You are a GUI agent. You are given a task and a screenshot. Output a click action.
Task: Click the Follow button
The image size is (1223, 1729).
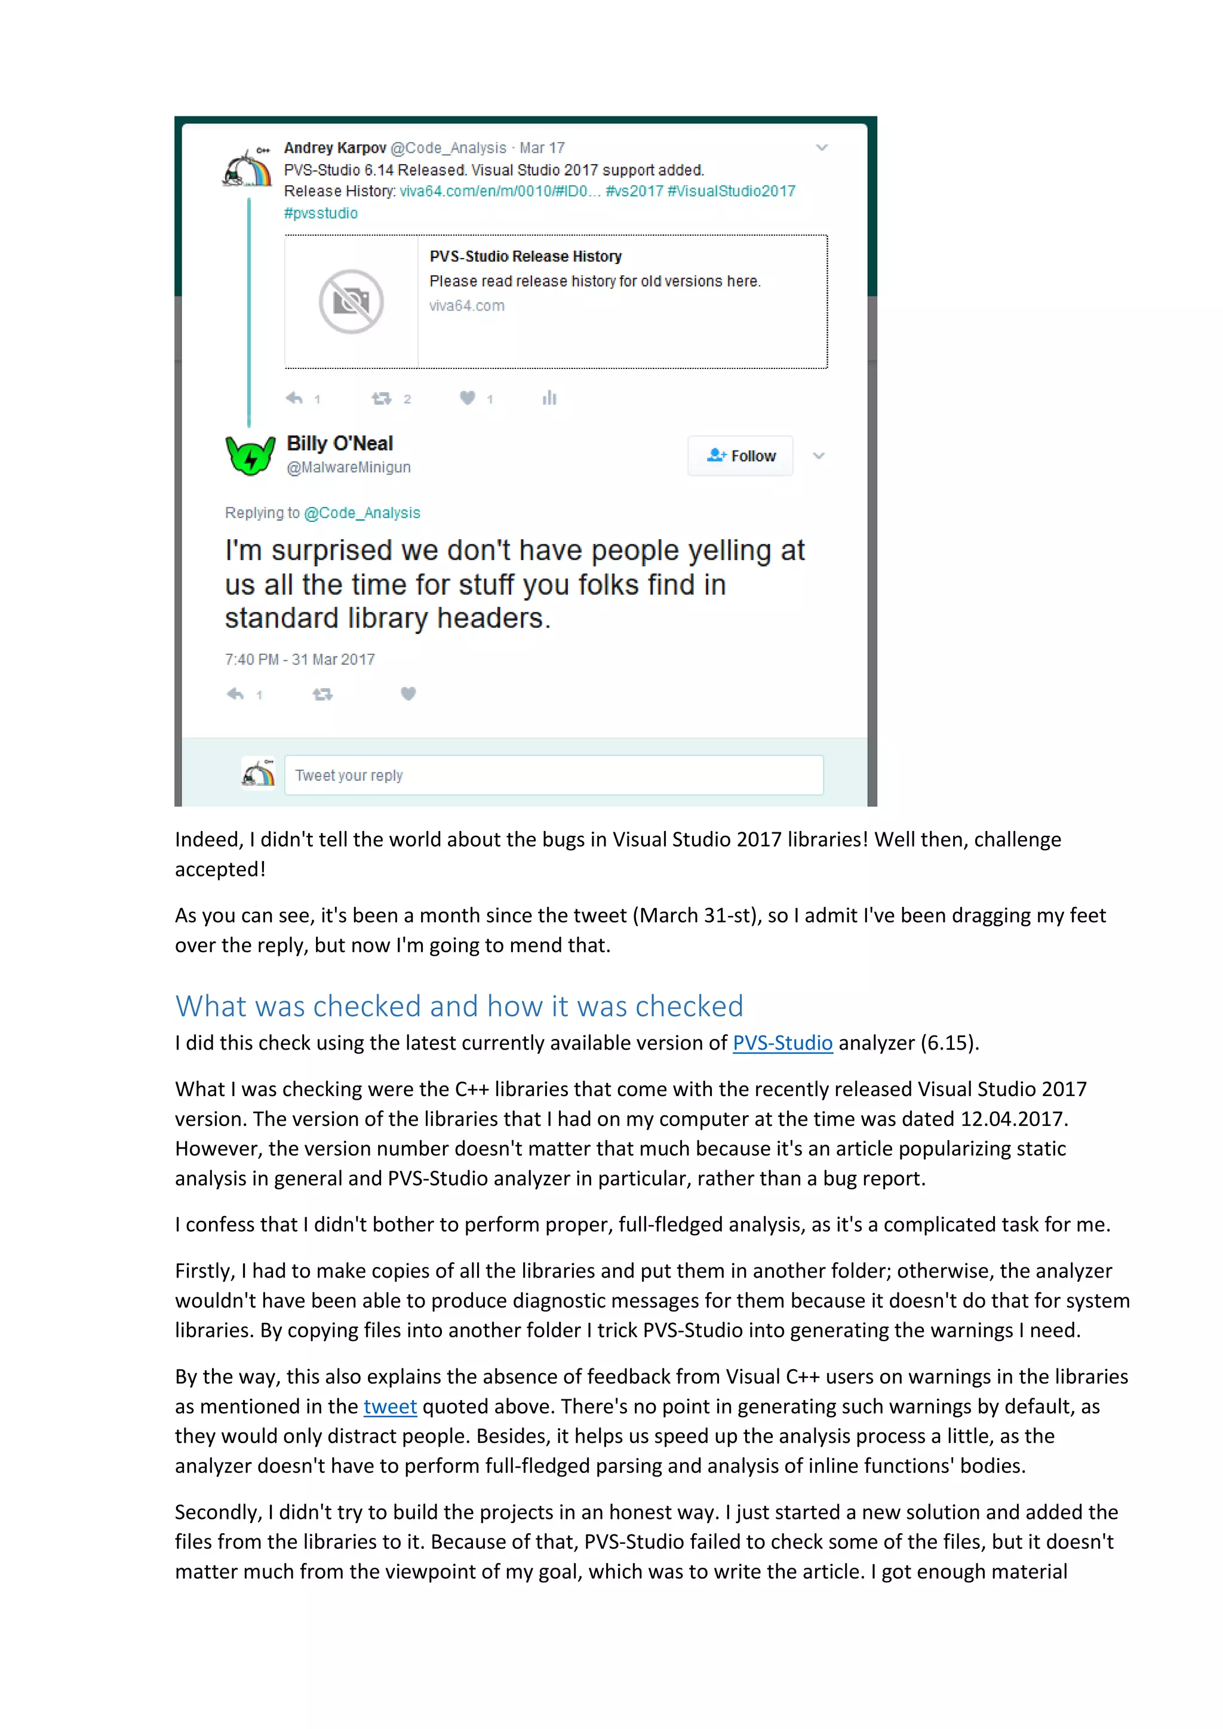tap(740, 456)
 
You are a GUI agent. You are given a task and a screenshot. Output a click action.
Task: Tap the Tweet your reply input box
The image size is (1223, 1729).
tap(554, 775)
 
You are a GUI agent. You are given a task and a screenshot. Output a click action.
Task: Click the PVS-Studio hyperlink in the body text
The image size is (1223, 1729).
tap(782, 1043)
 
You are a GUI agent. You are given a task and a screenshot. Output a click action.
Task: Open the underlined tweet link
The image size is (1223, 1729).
tap(390, 1407)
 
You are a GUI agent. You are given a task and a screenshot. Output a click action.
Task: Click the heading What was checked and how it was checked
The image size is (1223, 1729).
tap(459, 1006)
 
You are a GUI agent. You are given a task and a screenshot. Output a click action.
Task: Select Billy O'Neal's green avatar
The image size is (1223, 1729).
tap(251, 455)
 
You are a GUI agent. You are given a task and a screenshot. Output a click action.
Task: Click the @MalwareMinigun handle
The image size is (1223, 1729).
tap(349, 467)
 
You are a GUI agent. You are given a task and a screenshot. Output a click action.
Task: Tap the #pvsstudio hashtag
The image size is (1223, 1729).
tap(321, 213)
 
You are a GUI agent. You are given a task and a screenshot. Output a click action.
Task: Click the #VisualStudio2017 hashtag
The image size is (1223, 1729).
tap(732, 191)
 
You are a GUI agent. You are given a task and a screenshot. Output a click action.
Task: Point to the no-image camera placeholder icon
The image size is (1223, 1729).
tap(351, 302)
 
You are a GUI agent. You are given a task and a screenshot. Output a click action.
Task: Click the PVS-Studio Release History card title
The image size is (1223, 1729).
tap(526, 257)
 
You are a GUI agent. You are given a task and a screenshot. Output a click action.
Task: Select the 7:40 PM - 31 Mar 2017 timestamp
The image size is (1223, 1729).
tap(300, 660)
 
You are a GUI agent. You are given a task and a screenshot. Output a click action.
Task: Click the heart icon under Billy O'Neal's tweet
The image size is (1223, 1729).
tap(408, 694)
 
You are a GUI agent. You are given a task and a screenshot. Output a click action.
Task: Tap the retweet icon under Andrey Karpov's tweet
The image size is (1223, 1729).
tap(382, 398)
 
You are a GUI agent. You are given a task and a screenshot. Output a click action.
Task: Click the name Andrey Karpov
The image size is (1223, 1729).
tap(335, 147)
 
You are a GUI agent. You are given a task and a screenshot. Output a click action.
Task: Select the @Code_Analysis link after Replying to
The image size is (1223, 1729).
tap(362, 513)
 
